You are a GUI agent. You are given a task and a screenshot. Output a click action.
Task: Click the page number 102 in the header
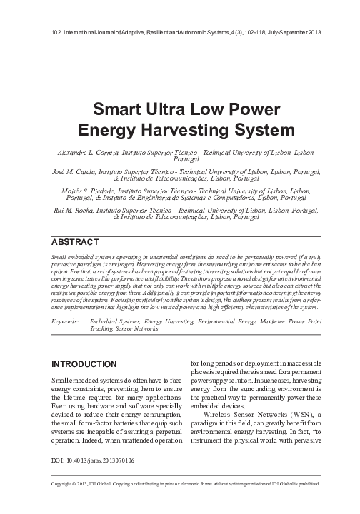coord(58,34)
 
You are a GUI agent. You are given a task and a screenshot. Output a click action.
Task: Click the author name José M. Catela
coord(80,172)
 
